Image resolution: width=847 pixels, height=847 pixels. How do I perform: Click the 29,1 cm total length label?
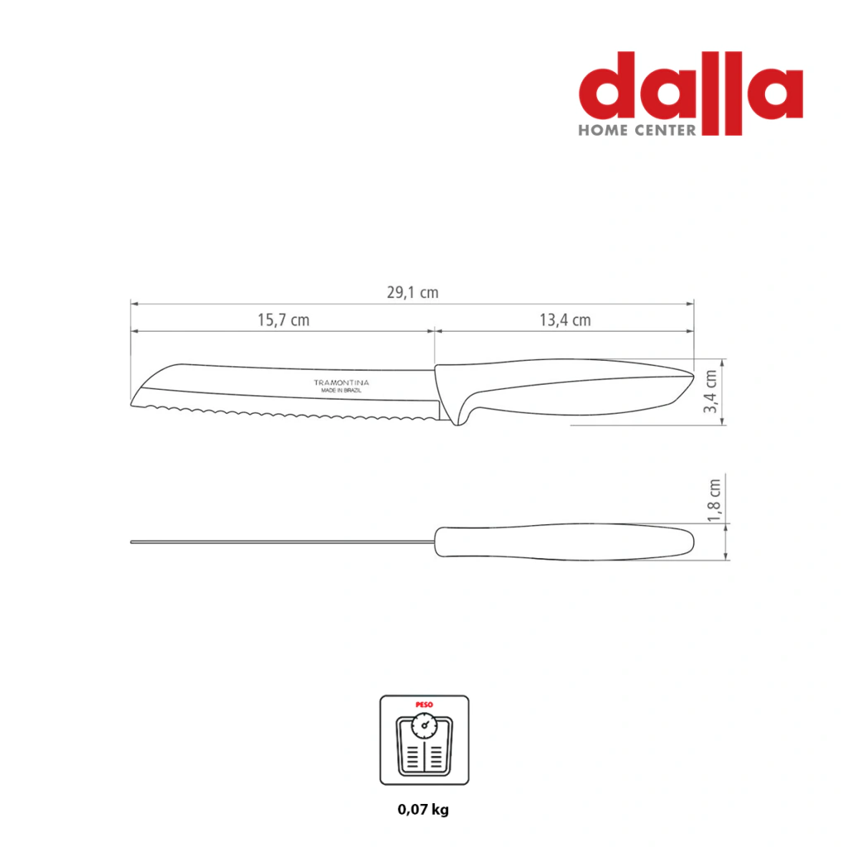413,293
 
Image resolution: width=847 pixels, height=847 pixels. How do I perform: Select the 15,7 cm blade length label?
284,320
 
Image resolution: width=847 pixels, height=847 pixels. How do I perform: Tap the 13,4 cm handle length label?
565,320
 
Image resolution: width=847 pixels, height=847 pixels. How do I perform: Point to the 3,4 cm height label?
711,391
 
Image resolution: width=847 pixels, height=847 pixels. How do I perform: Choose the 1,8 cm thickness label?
714,500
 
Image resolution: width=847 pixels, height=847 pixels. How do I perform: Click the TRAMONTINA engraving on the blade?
342,382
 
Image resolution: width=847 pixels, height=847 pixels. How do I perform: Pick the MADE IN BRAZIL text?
342,390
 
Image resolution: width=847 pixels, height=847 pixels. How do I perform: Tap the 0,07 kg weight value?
423,809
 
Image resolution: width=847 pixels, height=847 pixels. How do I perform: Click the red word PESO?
424,705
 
